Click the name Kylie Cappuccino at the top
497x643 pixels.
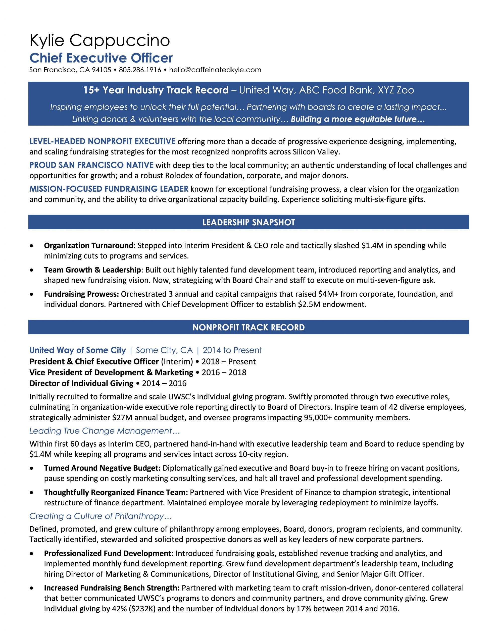coord(100,41)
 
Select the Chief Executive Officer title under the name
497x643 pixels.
coord(101,58)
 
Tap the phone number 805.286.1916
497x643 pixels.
coord(140,70)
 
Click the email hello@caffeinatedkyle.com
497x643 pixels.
coord(215,70)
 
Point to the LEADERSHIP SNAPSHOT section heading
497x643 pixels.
coord(248,222)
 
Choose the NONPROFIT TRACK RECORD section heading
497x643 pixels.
coord(248,327)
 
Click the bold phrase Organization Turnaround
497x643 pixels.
coord(89,246)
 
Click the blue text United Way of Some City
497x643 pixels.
coord(77,350)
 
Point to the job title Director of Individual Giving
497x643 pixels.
coord(81,383)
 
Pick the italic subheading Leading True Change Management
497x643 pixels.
coord(105,431)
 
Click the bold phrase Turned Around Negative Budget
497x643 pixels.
coord(102,468)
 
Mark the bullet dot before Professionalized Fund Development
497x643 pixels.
coord(31,554)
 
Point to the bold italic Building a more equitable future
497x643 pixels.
coord(358,119)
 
